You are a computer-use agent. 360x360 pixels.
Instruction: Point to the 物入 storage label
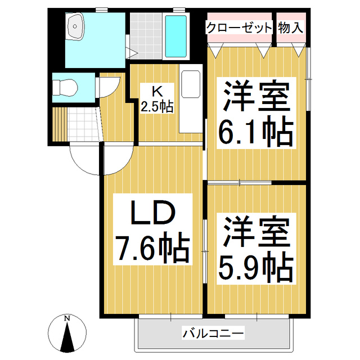[291, 27]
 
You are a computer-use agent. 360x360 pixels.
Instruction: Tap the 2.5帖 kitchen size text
[157, 105]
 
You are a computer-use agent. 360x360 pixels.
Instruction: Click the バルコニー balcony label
[213, 334]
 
